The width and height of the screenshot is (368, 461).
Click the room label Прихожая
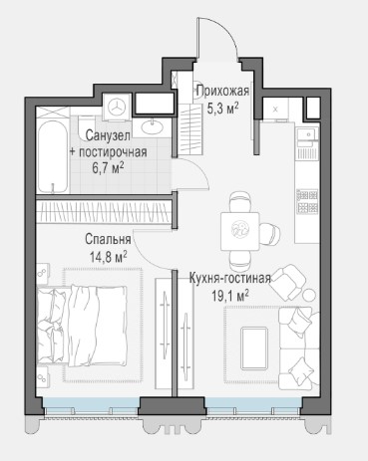222,91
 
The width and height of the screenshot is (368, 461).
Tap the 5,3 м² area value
222,108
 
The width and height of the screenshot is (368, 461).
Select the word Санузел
108,135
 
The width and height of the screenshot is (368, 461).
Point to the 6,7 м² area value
109,168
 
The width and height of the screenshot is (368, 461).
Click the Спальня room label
108,239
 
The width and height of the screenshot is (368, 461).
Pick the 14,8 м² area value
108,256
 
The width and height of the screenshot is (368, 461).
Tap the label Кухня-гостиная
230,278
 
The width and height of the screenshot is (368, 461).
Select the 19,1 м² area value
230,296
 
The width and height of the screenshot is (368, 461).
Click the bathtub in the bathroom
53,156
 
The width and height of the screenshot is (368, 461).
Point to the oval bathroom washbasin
153,126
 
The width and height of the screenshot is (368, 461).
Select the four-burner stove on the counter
307,201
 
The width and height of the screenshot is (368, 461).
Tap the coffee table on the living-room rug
254,348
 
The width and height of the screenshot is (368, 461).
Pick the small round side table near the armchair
309,295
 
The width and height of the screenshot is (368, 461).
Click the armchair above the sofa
288,282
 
